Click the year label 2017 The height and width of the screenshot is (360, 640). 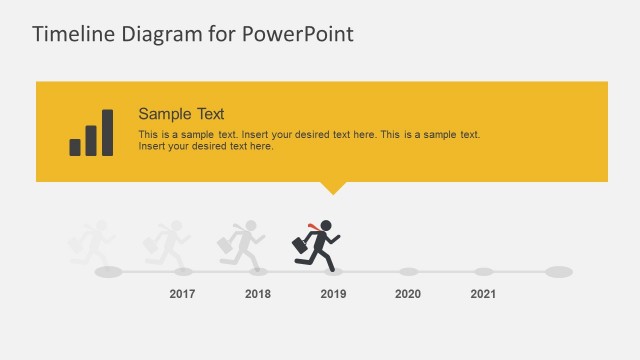point(182,294)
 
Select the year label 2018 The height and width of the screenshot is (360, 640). point(258,294)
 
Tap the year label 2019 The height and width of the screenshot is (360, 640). point(333,294)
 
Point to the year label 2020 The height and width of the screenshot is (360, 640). point(408,294)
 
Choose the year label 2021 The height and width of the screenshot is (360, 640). point(483,294)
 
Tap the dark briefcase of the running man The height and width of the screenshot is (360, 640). point(299,244)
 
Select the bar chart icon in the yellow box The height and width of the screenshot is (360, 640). point(91,133)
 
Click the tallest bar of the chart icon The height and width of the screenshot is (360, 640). point(107,133)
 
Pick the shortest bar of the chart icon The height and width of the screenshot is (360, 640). point(75,147)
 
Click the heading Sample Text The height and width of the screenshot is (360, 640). point(181,114)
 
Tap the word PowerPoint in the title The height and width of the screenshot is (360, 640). point(299,34)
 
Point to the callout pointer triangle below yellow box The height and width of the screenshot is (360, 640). point(332,187)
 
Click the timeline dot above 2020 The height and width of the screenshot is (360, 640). point(408,271)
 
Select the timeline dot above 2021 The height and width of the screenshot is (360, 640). point(483,271)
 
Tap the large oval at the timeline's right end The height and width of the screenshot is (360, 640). point(559,271)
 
